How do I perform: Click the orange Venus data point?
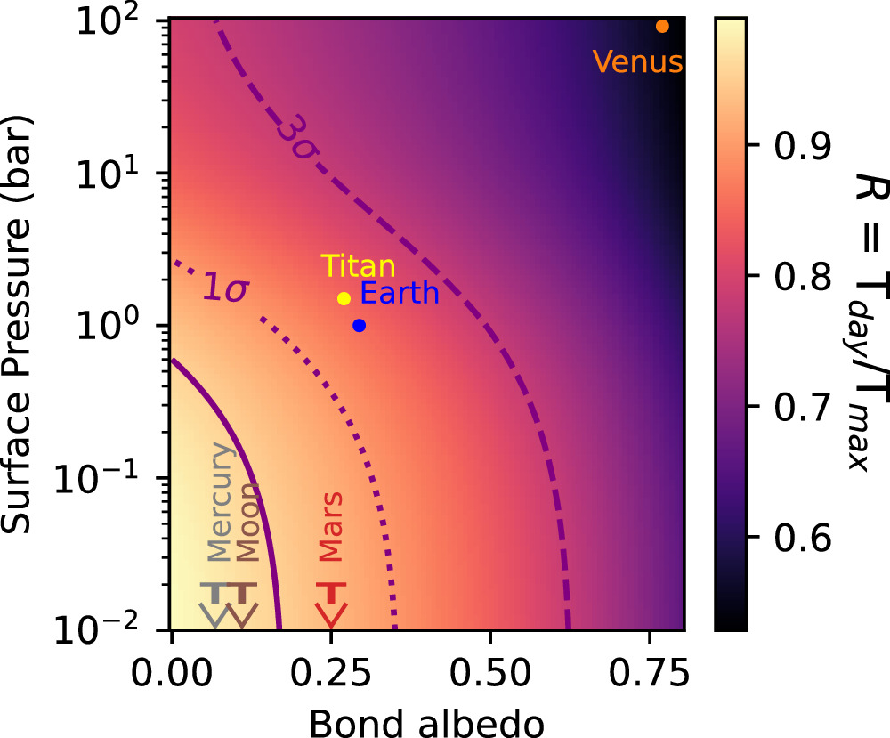[662, 26]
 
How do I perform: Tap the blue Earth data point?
[359, 325]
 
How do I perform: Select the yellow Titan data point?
[344, 298]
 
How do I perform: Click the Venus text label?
[638, 62]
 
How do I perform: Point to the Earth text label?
[400, 293]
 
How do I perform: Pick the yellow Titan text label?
[359, 265]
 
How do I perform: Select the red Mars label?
[331, 531]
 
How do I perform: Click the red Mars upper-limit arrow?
[331, 604]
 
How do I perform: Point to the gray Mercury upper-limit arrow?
[214, 604]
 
